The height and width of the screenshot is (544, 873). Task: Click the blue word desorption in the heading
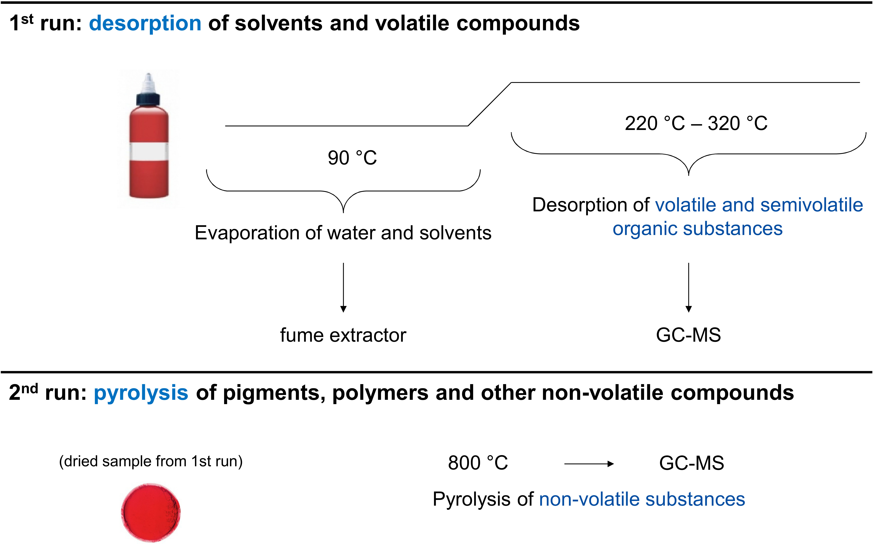click(x=145, y=24)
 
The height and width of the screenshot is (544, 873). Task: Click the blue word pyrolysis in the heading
click(x=141, y=393)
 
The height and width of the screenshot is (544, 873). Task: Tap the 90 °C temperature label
click(x=352, y=158)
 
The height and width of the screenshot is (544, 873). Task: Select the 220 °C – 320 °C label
click(x=696, y=123)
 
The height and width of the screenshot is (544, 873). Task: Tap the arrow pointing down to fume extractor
click(x=343, y=287)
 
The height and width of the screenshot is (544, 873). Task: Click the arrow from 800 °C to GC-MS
click(x=589, y=464)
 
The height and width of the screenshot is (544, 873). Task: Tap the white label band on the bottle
click(x=149, y=151)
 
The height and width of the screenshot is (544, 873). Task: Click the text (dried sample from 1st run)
click(x=151, y=461)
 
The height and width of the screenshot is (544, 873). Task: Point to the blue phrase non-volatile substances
click(x=642, y=499)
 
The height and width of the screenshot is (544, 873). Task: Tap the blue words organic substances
click(x=698, y=229)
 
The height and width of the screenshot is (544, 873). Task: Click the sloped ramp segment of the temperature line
click(x=490, y=104)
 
